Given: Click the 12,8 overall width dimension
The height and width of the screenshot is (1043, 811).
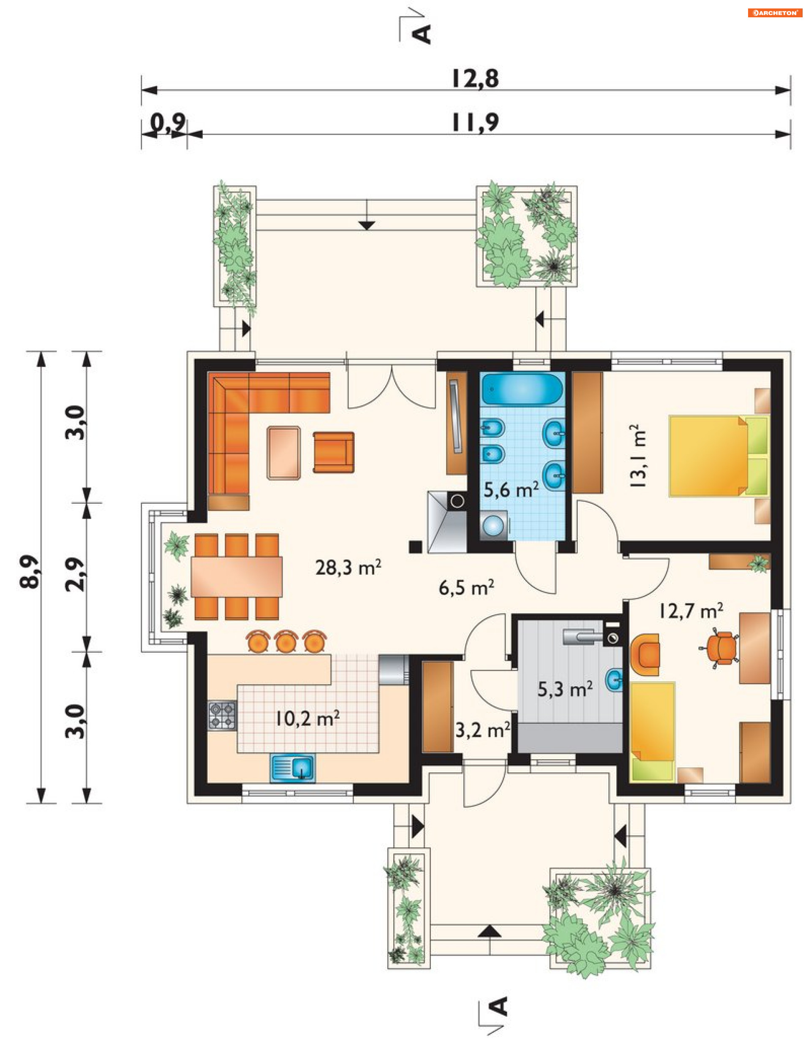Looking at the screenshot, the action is (475, 79).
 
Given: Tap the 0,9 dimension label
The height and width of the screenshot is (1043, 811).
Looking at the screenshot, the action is (168, 123).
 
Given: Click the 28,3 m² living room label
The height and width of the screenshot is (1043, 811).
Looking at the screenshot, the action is (348, 568).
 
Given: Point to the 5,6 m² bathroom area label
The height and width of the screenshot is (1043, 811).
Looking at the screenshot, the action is (511, 489).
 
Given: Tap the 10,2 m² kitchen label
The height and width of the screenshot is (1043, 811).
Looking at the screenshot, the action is (307, 718).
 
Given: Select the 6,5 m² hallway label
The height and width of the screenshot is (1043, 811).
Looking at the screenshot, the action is (466, 587).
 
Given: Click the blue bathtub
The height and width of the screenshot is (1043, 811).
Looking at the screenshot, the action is (522, 389).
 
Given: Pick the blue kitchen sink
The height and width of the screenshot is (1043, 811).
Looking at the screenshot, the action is (292, 769).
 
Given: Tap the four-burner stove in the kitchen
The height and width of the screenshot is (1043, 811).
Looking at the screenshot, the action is (222, 715).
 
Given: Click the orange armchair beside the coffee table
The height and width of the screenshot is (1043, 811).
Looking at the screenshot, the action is (333, 452).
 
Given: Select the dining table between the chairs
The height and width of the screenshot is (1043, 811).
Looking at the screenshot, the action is (237, 576).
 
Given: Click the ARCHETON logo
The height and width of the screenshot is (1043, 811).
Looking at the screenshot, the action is (775, 13).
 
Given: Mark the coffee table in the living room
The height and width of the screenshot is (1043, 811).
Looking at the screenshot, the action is (284, 452).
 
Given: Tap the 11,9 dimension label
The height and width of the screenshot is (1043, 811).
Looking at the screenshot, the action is (475, 123).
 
